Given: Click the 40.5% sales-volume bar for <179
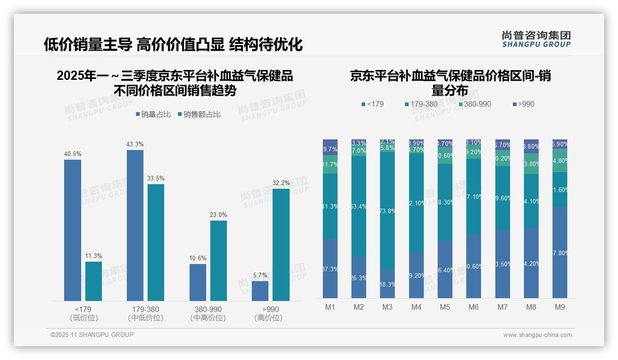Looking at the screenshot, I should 72,230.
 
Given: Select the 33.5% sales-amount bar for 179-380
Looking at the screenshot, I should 156,242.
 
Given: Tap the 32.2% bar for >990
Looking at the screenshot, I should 281,245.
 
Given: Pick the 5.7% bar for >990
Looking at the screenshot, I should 260,291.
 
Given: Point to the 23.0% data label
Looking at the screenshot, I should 219,215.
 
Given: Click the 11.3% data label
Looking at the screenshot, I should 94,256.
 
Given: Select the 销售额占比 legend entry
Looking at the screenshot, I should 199,114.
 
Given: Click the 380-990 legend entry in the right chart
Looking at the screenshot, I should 475,104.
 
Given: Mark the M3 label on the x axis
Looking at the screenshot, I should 387,307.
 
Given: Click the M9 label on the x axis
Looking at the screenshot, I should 559,307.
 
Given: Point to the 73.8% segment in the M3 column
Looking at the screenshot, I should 387,210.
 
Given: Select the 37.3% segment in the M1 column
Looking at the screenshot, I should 330,269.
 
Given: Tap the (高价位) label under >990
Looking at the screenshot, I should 268,318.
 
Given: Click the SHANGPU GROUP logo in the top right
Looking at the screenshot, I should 536,39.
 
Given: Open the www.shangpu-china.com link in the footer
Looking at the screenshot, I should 537,335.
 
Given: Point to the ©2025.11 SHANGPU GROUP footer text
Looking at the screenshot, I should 92,335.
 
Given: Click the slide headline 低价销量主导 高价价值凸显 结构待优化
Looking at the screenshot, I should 173,44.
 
